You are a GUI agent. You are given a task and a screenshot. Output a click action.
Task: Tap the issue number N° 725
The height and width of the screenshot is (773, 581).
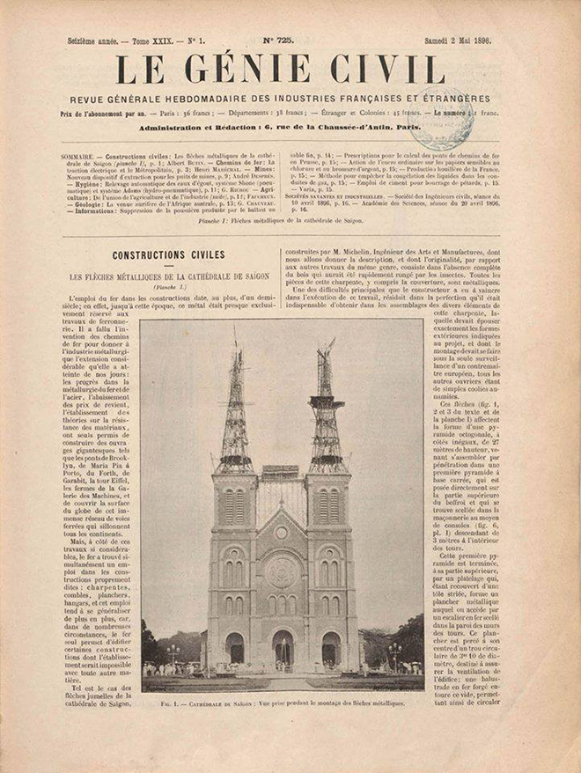[x=279, y=40]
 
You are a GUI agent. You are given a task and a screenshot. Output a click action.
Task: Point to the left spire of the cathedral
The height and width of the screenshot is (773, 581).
[x=235, y=414]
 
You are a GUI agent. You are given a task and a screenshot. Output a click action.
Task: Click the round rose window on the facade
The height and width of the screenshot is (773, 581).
[x=282, y=572]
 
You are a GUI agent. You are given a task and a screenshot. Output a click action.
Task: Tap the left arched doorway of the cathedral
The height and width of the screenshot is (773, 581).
[x=235, y=650]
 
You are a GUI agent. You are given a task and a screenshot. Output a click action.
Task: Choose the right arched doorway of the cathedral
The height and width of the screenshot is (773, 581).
[x=330, y=650]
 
